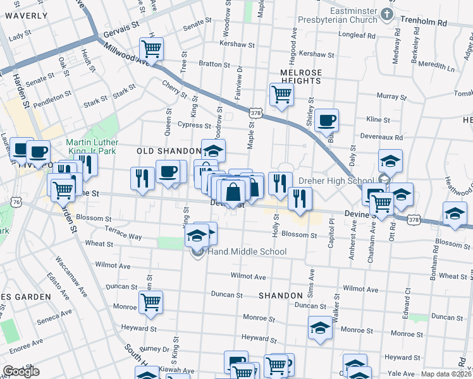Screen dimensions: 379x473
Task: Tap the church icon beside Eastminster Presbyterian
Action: point(387,13)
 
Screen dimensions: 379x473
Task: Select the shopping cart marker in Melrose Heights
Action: point(281,95)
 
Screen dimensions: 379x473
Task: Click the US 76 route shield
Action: point(16,202)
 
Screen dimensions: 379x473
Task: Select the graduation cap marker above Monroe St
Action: point(320,328)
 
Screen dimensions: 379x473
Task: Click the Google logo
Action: point(21,371)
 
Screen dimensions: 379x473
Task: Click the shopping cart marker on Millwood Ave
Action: point(151,48)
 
